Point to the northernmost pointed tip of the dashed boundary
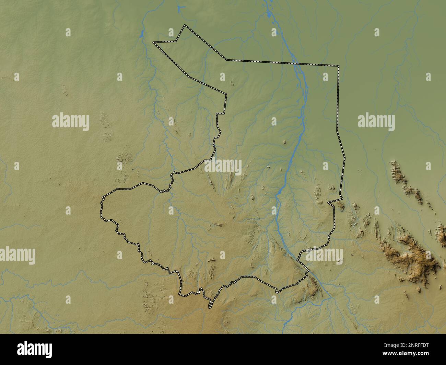pos(185,25)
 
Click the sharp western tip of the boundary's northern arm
pos(153,42)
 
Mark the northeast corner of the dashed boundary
pos(338,65)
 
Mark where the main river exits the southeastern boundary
pos(308,272)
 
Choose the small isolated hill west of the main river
pos(284,142)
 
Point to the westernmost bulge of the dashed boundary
pos(102,206)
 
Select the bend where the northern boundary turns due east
pos(226,60)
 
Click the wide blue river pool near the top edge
pos(270,15)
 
